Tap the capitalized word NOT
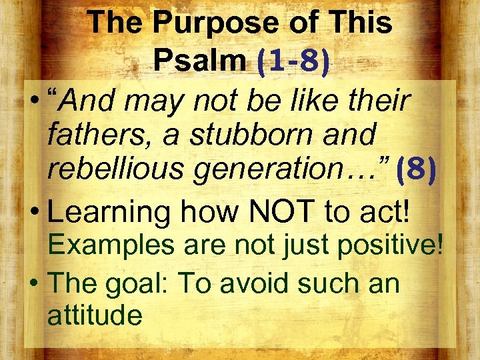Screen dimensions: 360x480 click(x=279, y=212)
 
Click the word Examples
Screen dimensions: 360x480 click(x=107, y=245)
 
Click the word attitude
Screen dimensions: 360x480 click(x=95, y=315)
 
